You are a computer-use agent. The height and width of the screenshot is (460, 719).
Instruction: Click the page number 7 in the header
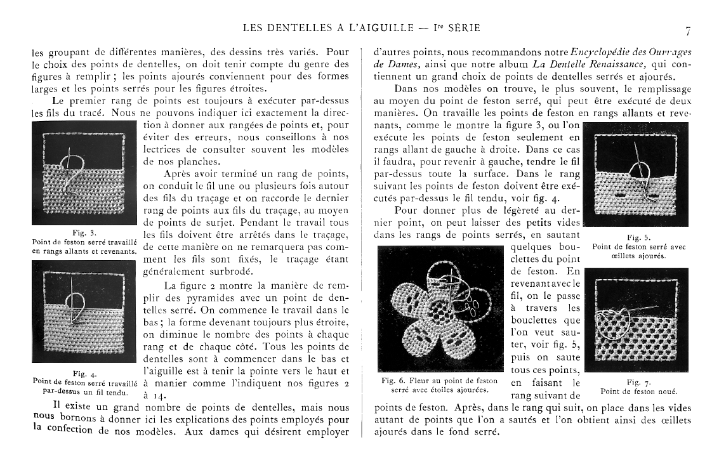pyautogui.click(x=688, y=30)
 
